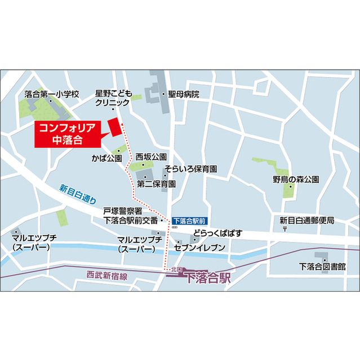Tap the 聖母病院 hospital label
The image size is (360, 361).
coord(184,95)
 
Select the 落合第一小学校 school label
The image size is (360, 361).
coord(53,94)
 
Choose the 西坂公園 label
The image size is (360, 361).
coord(151,156)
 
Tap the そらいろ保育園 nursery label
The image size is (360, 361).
coord(191,169)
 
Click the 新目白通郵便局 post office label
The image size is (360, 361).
coord(307,221)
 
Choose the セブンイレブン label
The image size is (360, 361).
coord(200,248)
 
